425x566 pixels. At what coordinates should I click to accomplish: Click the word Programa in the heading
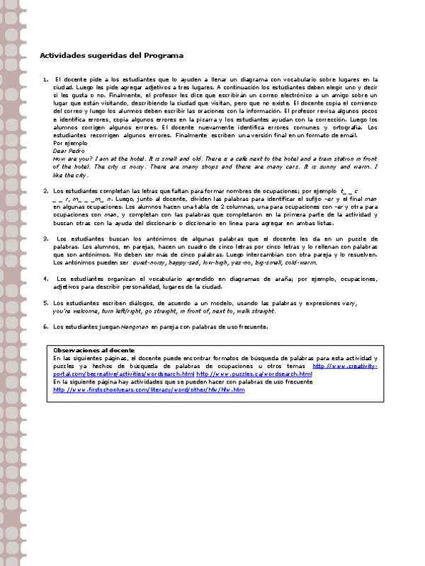point(164,54)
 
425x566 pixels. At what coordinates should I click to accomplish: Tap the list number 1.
point(45,80)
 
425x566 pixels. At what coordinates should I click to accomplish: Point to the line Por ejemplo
point(69,143)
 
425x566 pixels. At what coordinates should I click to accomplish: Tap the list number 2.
point(45,191)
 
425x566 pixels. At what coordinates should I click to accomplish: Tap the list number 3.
point(45,238)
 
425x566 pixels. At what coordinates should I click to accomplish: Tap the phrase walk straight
point(254,311)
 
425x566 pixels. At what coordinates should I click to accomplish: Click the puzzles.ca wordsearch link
point(254,374)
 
